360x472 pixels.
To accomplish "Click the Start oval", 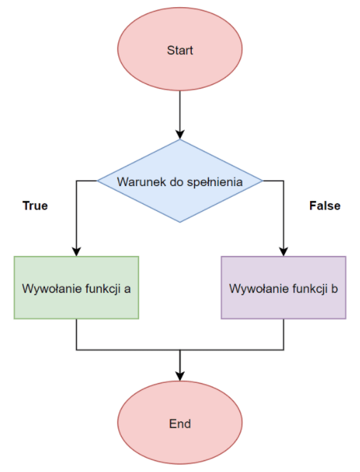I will pos(180,51).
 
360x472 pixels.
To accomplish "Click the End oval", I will pos(180,424).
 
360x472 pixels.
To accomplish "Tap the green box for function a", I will pos(76,287).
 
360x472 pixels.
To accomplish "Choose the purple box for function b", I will pos(284,287).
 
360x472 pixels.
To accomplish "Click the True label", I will pos(35,206).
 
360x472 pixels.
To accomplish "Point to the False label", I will pos(324,206).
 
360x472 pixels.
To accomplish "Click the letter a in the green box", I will pos(126,289).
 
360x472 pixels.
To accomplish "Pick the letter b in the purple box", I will pos(334,289).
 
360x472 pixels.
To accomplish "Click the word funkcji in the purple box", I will pos(307,289).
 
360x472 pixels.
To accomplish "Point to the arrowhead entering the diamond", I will pos(180,134).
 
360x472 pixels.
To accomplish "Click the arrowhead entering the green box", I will pos(76,251).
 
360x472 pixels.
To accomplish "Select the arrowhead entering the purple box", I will pos(284,251).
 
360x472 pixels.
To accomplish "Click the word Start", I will pos(180,51).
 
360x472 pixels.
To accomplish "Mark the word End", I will pos(180,424).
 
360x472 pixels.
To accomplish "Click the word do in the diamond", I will pos(171,182).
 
